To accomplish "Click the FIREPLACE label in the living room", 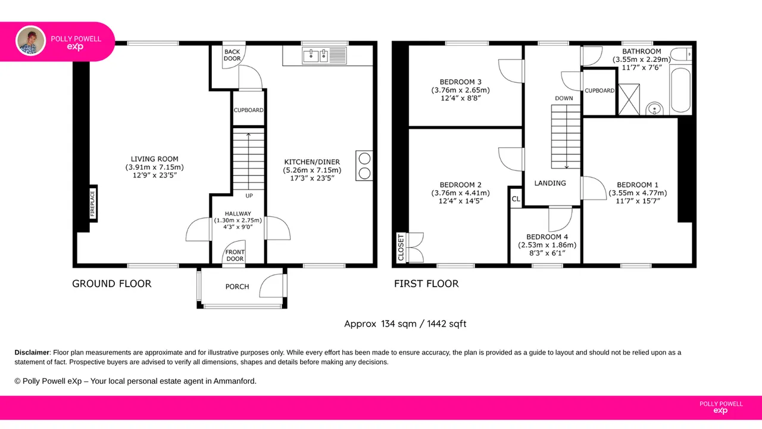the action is point(92,204).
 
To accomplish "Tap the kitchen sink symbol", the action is point(324,56).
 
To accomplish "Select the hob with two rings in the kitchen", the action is point(364,166).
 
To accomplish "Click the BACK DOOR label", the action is point(232,55).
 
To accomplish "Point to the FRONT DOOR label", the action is point(235,256).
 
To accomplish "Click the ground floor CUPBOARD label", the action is point(248,110).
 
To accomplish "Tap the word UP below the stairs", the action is point(249,196).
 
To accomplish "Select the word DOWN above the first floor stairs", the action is point(564,98).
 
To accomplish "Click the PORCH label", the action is point(237,287).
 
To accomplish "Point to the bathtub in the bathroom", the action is point(680,90).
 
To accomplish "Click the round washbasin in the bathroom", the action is point(654,108).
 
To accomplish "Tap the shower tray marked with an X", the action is point(629,100).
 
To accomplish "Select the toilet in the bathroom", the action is point(681,54).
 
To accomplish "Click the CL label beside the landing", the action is point(516,199).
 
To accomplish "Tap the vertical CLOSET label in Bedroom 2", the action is point(401,247).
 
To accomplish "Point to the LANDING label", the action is point(550,183).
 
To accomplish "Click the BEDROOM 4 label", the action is point(547,237).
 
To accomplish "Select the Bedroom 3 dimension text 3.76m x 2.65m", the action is point(461,90).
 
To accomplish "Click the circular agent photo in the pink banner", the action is point(30,41).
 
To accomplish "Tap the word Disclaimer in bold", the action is point(32,353).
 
